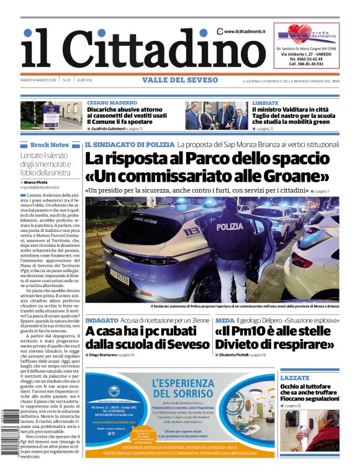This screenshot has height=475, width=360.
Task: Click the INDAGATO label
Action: click(102, 320)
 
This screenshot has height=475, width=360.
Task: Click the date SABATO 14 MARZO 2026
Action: click(40, 81)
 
